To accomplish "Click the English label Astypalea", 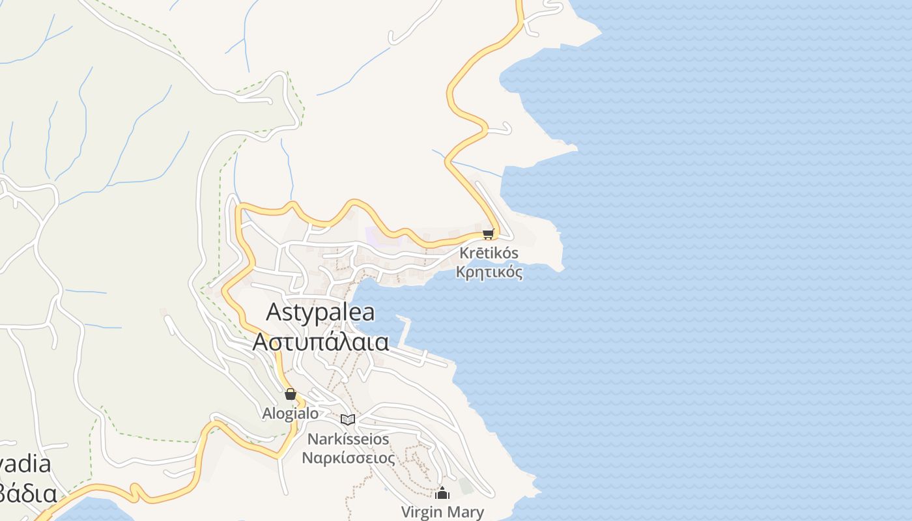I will pyautogui.click(x=321, y=313).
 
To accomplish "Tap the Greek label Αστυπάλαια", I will pyautogui.click(x=321, y=341).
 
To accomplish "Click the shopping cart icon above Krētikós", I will pyautogui.click(x=489, y=234).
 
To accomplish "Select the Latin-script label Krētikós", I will pyautogui.click(x=489, y=253).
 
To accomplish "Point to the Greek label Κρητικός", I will pyautogui.click(x=489, y=272).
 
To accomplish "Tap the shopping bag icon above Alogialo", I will pyautogui.click(x=291, y=394).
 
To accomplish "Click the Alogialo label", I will pyautogui.click(x=291, y=414).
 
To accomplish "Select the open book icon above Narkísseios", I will pyautogui.click(x=348, y=419).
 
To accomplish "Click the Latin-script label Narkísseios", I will pyautogui.click(x=348, y=439).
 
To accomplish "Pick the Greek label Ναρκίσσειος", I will pyautogui.click(x=348, y=458).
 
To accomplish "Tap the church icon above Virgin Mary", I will pyautogui.click(x=443, y=493).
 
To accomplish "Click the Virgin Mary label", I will pyautogui.click(x=443, y=512).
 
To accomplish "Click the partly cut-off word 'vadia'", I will pyautogui.click(x=26, y=464).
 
